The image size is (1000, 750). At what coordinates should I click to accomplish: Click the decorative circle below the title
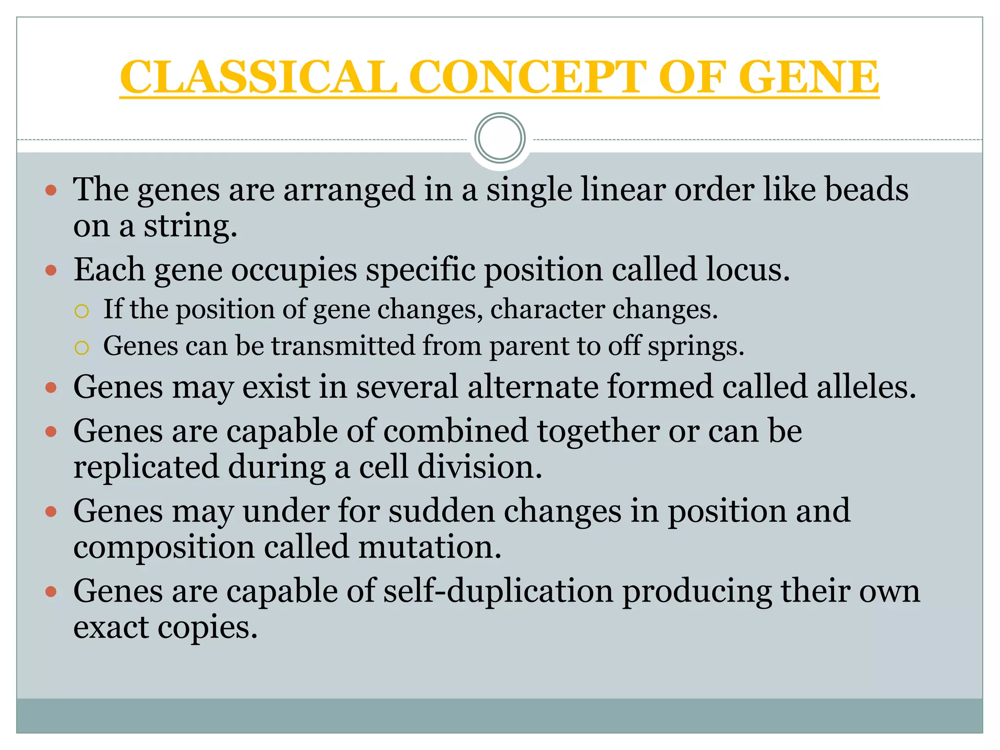click(x=500, y=138)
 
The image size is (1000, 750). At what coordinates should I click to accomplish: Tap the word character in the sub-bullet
click(x=547, y=310)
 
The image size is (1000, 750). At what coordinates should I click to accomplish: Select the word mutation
click(x=430, y=547)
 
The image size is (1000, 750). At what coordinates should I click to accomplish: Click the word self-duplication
click(x=498, y=591)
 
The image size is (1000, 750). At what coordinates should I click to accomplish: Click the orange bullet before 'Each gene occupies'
click(x=51, y=270)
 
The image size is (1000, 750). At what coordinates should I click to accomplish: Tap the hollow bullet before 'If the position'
click(x=82, y=311)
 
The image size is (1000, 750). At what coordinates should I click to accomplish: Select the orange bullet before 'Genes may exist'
click(x=51, y=388)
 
